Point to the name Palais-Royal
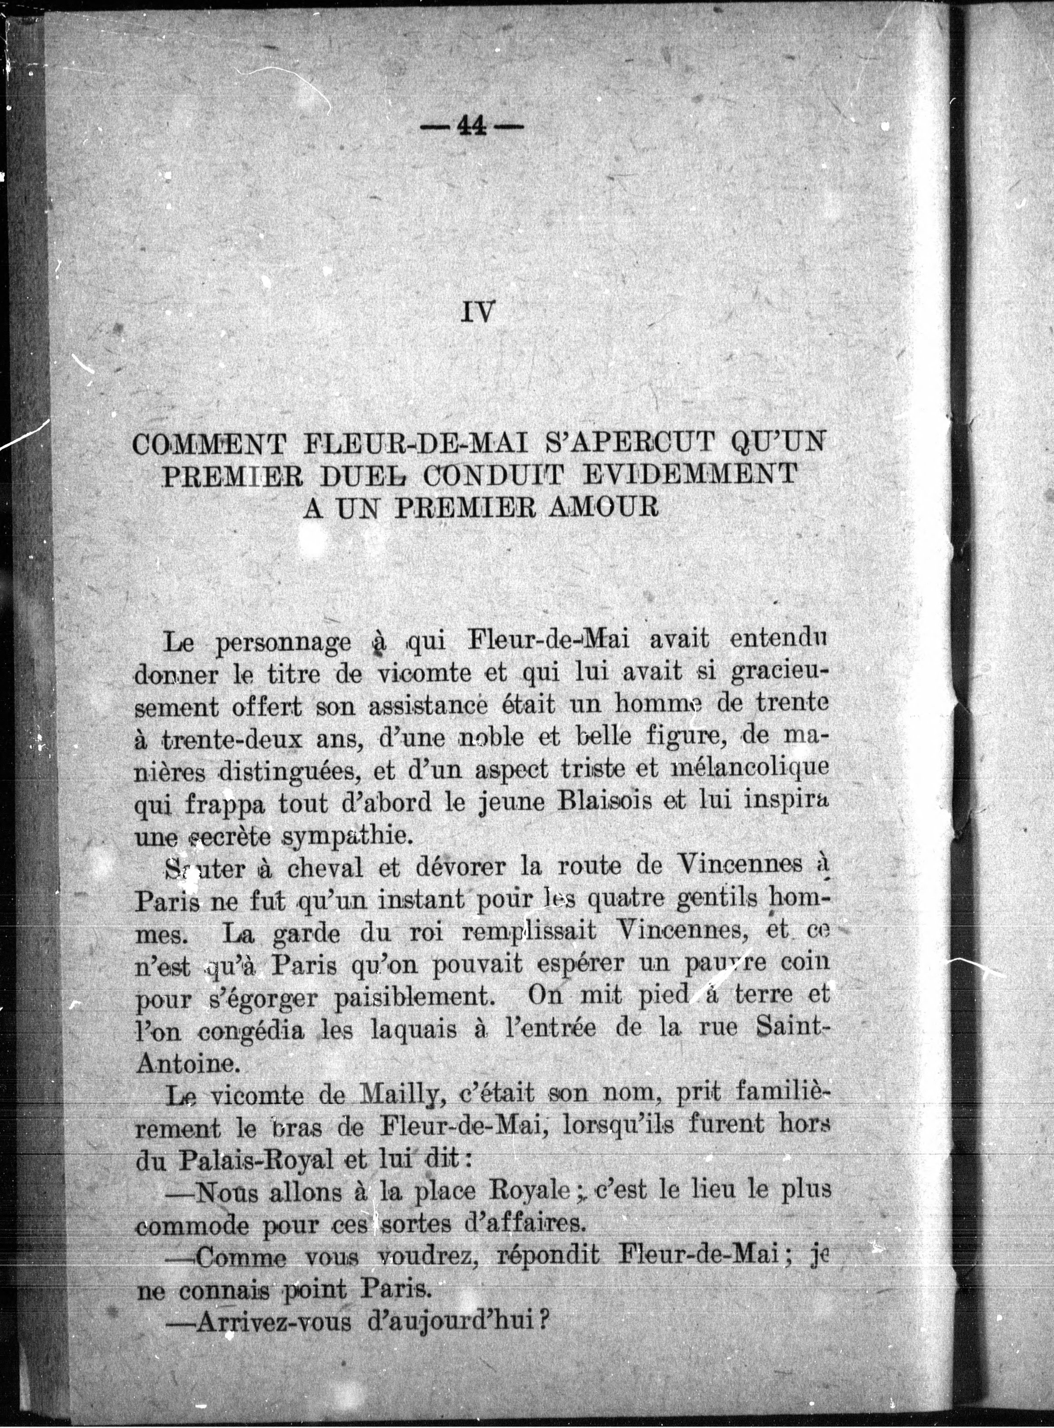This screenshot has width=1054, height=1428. (x=255, y=1159)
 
